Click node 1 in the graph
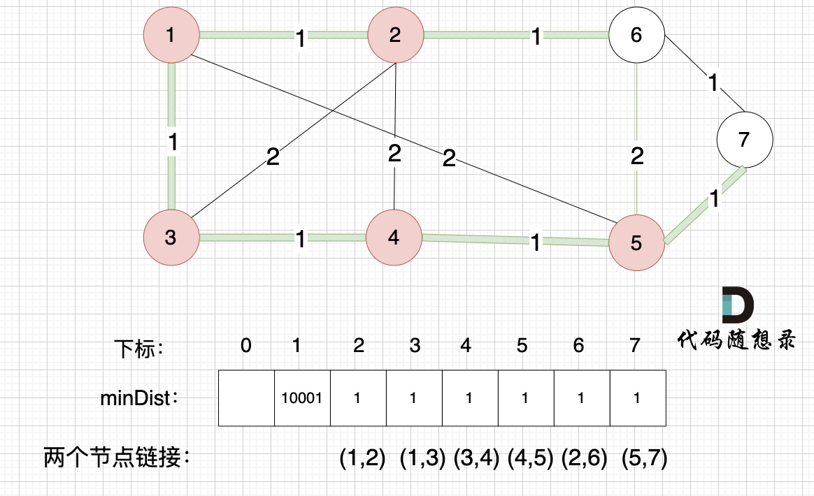(x=171, y=34)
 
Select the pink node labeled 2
(x=395, y=34)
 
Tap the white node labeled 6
(x=636, y=34)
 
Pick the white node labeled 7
(x=744, y=139)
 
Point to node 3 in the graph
(x=171, y=238)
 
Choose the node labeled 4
(x=394, y=238)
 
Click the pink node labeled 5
(x=636, y=243)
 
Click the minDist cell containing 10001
(x=301, y=398)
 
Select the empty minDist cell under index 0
(x=246, y=398)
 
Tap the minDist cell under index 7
(x=637, y=398)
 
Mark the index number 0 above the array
(x=245, y=346)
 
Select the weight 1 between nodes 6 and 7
(x=713, y=83)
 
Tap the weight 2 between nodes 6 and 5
(x=636, y=156)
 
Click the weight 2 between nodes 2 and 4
(x=395, y=154)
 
